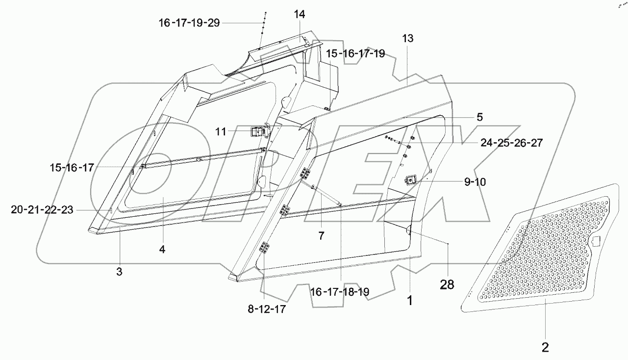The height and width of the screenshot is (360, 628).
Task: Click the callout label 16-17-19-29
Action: coord(189,23)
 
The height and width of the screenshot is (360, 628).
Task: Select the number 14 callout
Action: coord(299,15)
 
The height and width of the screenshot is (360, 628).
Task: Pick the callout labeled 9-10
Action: coord(475,182)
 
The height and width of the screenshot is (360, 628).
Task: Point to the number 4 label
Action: coord(162,249)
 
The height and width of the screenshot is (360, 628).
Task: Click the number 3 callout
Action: coord(119,272)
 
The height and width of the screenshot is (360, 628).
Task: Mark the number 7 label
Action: coord(321,236)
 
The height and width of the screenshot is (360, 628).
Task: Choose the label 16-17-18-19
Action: coord(339,292)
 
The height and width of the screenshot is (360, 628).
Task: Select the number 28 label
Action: coord(447,284)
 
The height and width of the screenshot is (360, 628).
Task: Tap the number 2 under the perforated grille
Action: coord(545,348)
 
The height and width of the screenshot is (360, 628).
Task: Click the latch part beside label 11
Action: coord(256,131)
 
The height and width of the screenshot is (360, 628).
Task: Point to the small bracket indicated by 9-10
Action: coord(410,180)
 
